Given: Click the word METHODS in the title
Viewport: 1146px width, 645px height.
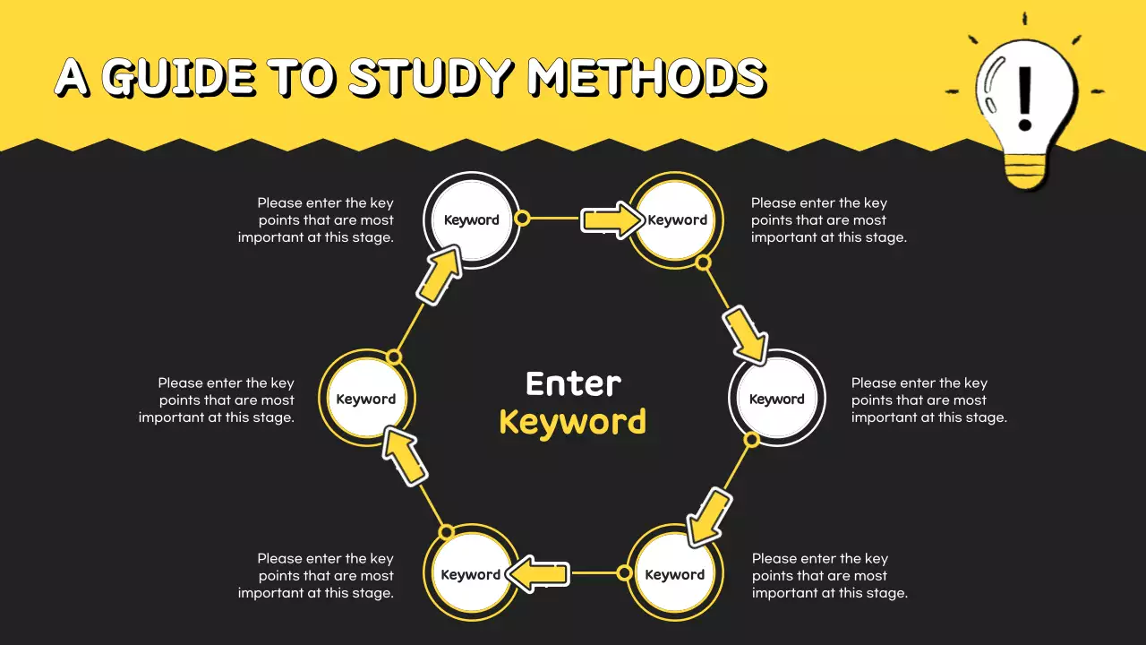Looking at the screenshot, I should click(x=646, y=78).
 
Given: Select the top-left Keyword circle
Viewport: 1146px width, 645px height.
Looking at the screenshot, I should click(x=471, y=220).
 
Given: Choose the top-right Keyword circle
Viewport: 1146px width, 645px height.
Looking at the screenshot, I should click(x=678, y=220).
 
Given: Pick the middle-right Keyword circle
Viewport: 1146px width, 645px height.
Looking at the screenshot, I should click(x=777, y=399).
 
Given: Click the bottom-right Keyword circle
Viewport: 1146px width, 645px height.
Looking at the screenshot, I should click(x=675, y=574).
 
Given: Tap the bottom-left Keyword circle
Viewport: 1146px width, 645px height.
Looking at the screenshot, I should click(x=471, y=574).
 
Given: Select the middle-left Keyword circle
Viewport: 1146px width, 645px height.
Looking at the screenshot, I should click(x=366, y=399).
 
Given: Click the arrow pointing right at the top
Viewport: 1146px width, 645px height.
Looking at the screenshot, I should click(x=611, y=220).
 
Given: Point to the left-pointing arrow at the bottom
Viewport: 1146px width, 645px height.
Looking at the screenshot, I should click(x=538, y=573).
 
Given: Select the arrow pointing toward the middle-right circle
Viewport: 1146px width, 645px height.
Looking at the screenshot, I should click(x=746, y=333).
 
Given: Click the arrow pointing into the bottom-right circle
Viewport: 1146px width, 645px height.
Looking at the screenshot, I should click(x=709, y=517).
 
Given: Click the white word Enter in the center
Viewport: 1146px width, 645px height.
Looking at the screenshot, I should click(x=573, y=383).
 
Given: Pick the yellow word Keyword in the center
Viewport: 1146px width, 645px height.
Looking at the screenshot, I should click(x=573, y=421).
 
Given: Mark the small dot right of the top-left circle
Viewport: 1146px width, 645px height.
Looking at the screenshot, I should click(x=523, y=218).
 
